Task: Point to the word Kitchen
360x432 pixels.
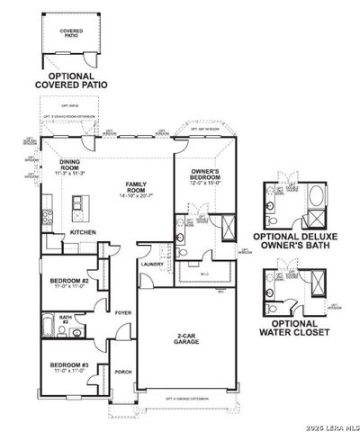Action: pos(83,233)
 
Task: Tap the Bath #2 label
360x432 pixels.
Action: pos(65,319)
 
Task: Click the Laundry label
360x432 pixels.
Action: pos(150,264)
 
